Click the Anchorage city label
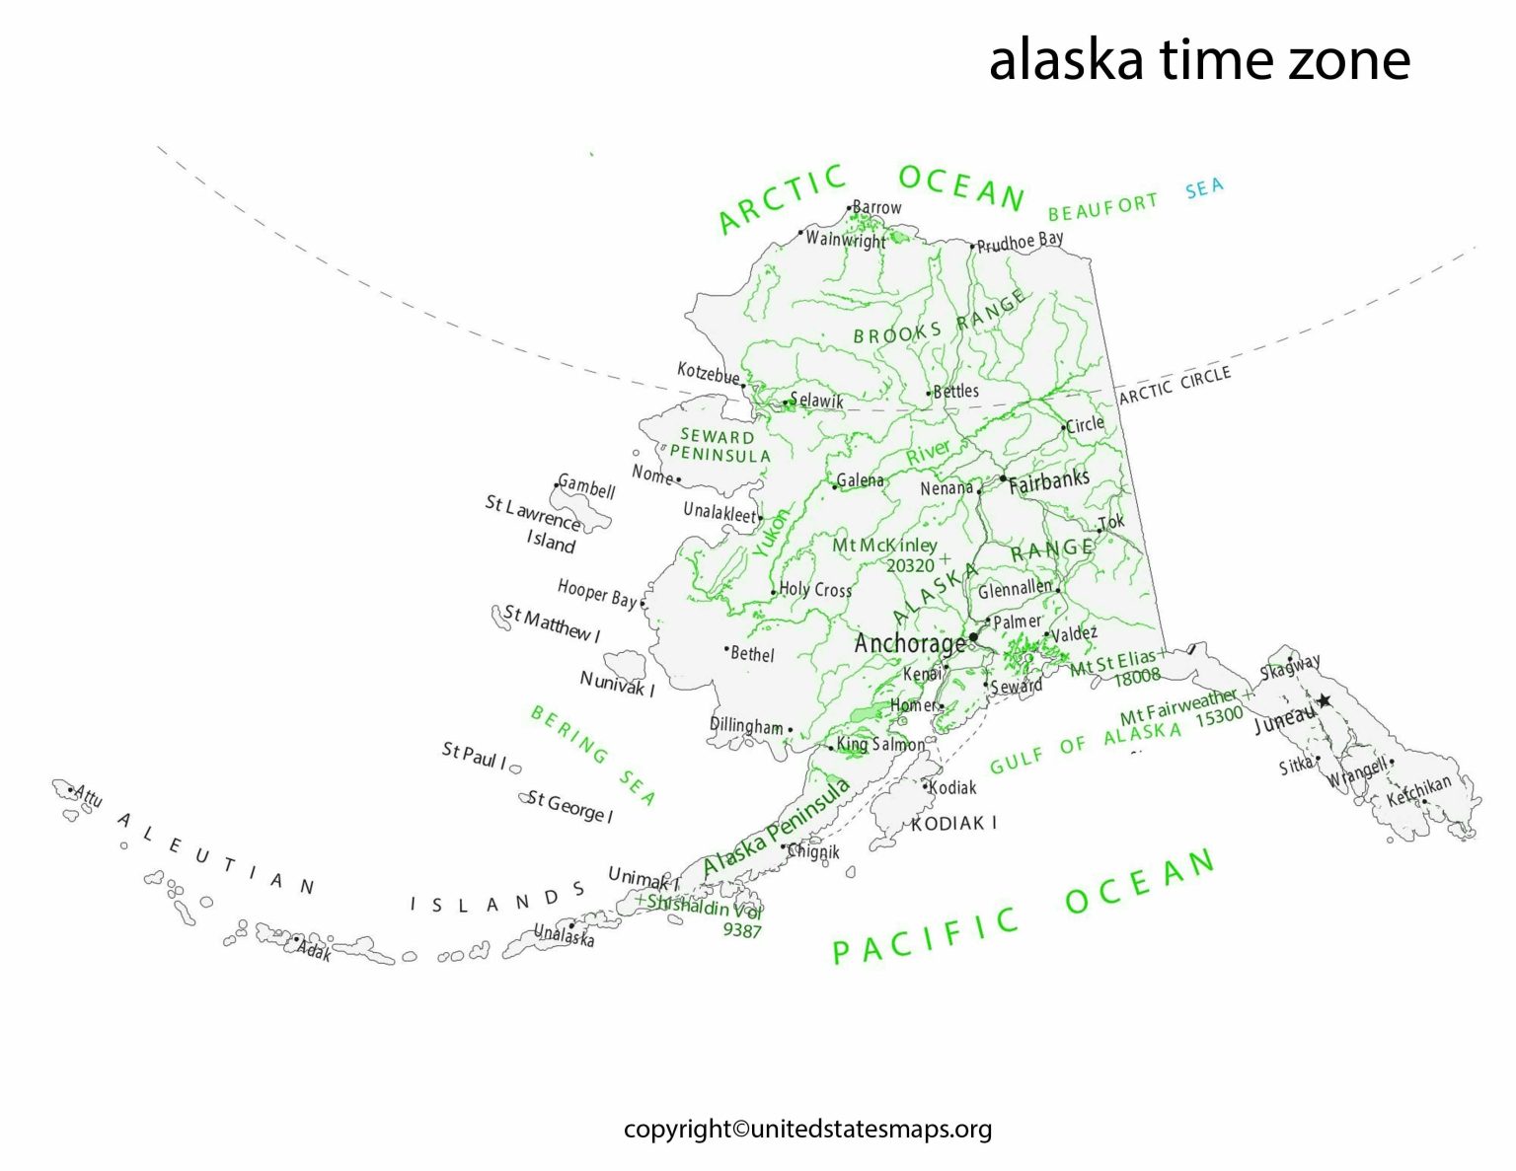click(909, 643)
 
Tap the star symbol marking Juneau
click(1324, 700)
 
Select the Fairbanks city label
click(1048, 481)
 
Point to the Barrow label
click(876, 207)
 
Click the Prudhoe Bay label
click(1020, 241)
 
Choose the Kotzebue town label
click(708, 373)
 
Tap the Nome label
click(651, 475)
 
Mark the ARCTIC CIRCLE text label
click(1175, 385)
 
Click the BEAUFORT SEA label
click(1135, 197)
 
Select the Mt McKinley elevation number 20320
click(909, 565)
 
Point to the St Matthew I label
click(552, 623)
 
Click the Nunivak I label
click(617, 684)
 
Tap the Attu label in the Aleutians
click(88, 796)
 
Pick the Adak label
click(315, 952)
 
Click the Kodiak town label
click(952, 787)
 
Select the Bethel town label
click(752, 654)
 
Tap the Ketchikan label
click(1419, 790)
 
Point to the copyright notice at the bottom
click(807, 1129)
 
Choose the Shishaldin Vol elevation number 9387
click(742, 929)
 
